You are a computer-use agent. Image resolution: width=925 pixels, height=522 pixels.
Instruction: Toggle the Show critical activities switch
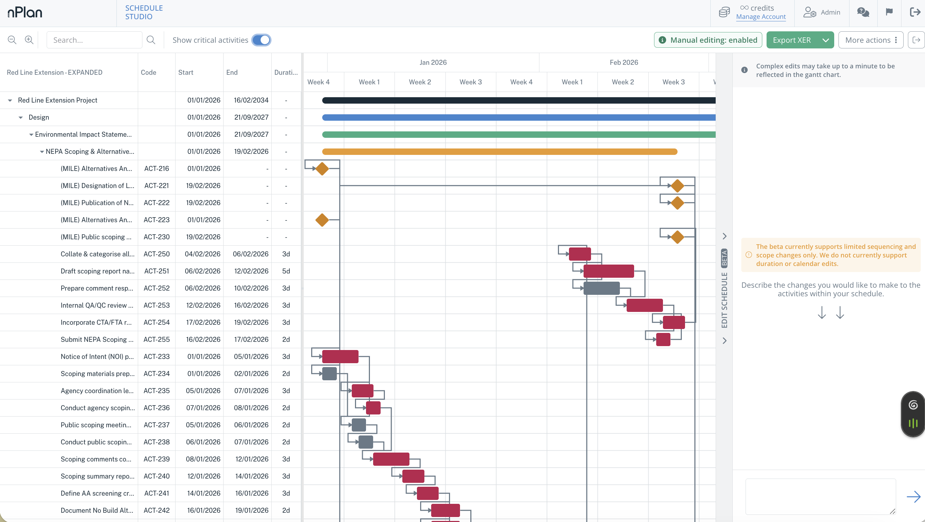261,40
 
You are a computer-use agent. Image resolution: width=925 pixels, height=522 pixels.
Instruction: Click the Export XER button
791,40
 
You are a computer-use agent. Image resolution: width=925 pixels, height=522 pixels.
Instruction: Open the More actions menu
871,40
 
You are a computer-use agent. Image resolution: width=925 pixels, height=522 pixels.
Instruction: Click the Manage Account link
761,16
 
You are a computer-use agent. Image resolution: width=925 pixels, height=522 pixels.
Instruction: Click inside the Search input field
94,40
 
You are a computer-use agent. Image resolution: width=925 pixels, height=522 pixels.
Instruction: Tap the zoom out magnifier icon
12,40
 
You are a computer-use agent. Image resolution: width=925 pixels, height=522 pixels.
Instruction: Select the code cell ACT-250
157,254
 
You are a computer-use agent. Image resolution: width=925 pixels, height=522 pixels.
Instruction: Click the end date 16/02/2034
251,100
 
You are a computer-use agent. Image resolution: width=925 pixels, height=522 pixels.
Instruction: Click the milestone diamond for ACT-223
322,220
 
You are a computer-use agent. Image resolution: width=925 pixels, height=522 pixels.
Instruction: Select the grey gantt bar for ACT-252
601,288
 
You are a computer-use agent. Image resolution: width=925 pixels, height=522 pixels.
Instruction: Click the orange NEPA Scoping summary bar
500,151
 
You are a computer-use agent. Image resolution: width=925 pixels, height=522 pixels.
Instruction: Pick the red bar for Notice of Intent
340,356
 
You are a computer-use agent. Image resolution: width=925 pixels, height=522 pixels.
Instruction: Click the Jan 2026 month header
433,62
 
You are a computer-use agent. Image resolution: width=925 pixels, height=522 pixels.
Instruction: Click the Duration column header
286,72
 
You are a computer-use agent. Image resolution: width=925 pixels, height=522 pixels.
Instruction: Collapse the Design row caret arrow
21,118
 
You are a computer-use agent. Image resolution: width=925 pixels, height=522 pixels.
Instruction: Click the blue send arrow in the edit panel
914,496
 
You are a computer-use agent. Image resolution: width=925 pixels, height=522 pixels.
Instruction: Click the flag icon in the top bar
889,12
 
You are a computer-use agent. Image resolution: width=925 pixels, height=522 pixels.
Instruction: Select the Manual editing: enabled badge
708,40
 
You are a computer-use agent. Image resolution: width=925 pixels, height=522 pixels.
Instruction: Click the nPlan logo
25,12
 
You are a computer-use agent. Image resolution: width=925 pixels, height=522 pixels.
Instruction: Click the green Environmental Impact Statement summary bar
519,135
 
